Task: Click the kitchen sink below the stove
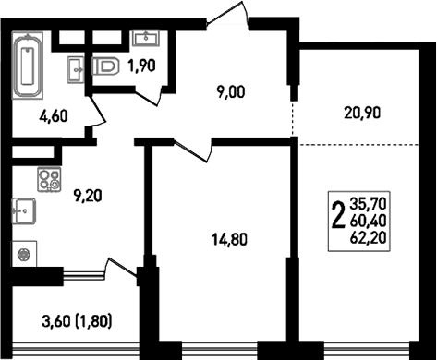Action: tap(24, 211)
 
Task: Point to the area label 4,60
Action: tap(52, 117)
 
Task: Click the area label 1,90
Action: tap(141, 66)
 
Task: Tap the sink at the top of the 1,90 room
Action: tap(145, 38)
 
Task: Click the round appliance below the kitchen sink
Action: tap(24, 251)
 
